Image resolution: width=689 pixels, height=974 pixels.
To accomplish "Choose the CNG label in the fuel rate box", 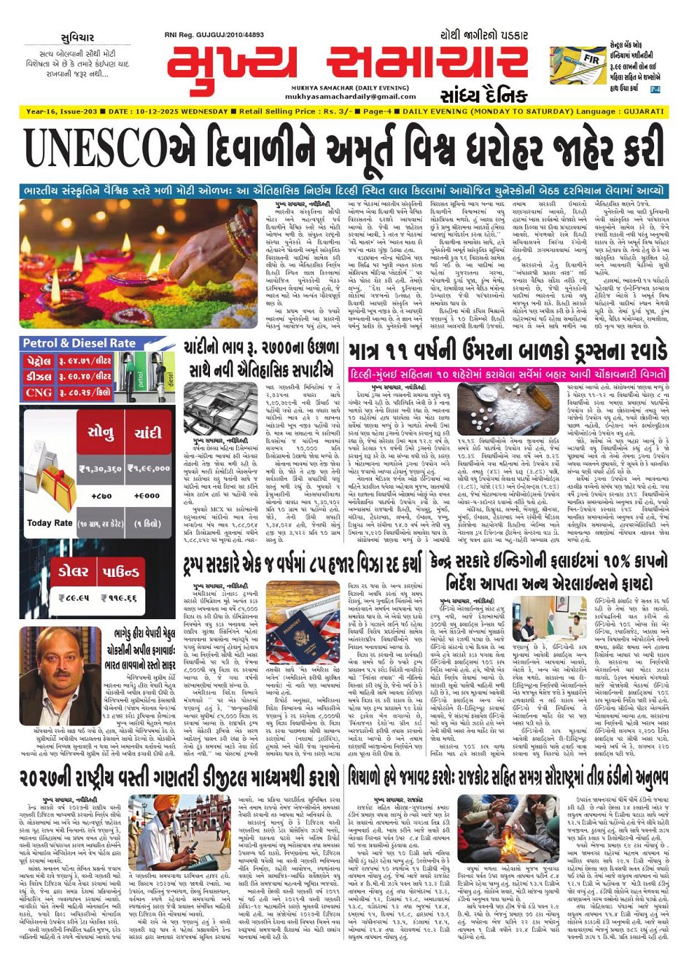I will coord(38,392).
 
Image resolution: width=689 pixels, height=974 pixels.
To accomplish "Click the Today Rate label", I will coord(49,522).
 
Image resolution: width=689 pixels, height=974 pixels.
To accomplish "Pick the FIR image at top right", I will coord(578,65).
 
